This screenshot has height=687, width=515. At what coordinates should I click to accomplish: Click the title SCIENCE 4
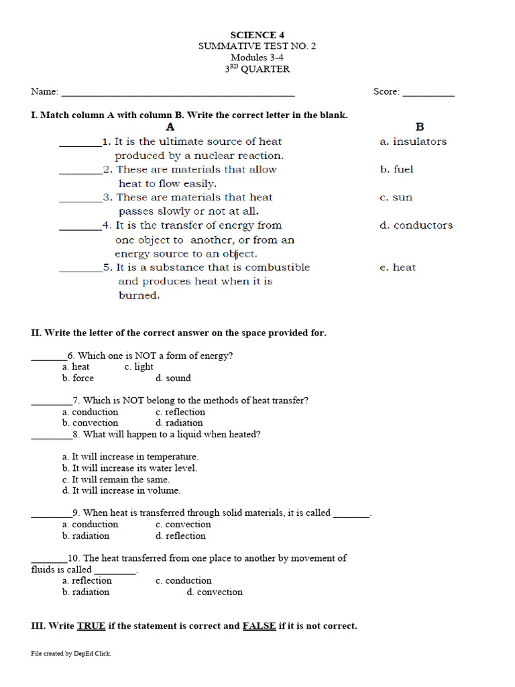[x=253, y=35]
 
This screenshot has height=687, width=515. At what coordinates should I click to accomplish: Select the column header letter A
[x=170, y=127]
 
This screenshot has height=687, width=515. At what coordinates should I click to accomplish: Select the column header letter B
[x=420, y=127]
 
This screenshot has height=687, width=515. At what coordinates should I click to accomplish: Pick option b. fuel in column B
[x=396, y=170]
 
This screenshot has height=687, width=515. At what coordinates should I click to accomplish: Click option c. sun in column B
[x=396, y=198]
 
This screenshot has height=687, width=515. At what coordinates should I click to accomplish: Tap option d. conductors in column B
[x=416, y=225]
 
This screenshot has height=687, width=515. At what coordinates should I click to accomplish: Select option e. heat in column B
[x=397, y=268]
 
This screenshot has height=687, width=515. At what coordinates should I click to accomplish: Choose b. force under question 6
[x=78, y=378]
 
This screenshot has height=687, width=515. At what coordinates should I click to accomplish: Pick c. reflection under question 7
[x=180, y=412]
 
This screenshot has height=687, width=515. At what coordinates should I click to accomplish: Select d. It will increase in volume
[x=121, y=490]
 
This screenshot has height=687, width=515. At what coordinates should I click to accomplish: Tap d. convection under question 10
[x=215, y=592]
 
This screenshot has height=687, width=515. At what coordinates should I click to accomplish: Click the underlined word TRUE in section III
[x=91, y=626]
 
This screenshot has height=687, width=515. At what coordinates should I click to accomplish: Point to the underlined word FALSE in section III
[x=259, y=626]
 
